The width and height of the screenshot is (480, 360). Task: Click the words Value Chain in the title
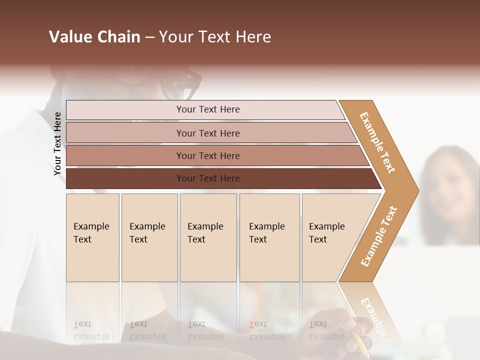click(x=94, y=37)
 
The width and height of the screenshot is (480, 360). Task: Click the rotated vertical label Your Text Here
click(x=58, y=143)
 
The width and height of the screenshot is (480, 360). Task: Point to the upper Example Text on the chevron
click(x=377, y=142)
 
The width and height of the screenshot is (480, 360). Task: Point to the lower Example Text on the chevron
click(x=379, y=236)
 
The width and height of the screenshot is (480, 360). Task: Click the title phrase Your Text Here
click(x=215, y=37)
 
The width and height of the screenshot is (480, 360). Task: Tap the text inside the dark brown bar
click(x=208, y=178)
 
